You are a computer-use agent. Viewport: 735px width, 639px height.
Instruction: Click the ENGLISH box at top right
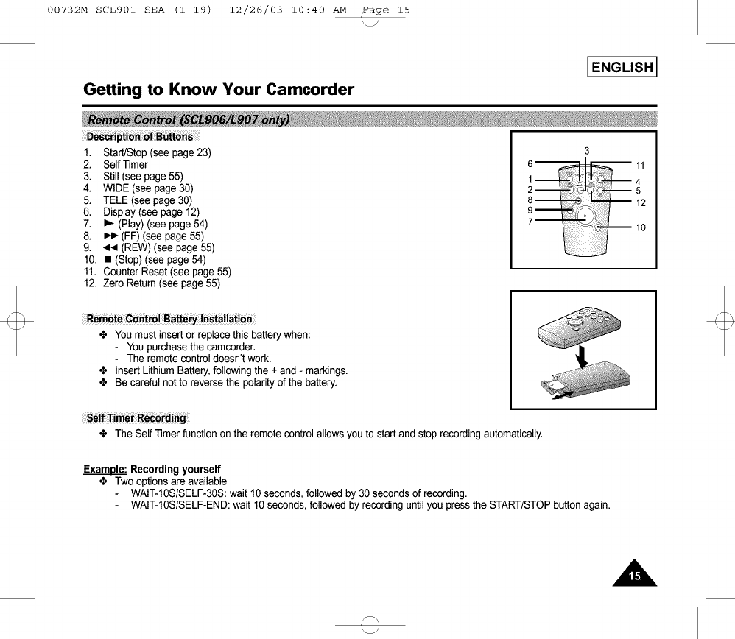point(622,68)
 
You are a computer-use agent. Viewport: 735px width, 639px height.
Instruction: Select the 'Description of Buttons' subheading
point(139,136)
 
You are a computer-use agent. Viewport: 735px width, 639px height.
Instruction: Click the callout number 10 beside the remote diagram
point(640,227)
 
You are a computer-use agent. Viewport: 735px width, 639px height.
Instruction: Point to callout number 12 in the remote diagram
point(640,203)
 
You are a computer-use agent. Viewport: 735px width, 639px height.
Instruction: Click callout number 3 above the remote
point(586,151)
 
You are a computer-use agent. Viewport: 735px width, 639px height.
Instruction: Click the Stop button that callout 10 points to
point(602,227)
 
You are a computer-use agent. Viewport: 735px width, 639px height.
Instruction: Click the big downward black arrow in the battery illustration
point(583,358)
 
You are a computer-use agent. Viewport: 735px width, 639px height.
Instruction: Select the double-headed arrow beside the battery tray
point(562,395)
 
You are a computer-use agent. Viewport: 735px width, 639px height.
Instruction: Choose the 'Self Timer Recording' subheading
point(136,418)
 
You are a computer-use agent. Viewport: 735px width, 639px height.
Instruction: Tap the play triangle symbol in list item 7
point(108,224)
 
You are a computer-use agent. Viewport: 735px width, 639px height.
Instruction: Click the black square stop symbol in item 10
point(108,259)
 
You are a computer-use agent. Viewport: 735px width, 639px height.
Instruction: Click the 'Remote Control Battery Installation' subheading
point(169,319)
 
